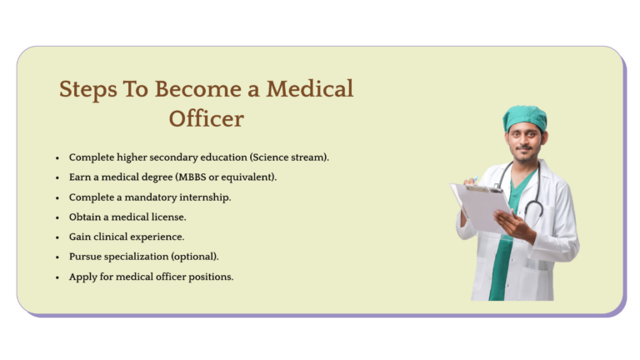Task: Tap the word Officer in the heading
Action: pos(206,118)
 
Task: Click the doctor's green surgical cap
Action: pos(524,117)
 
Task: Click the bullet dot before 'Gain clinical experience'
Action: pos(57,237)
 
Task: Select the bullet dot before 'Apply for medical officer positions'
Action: pos(57,277)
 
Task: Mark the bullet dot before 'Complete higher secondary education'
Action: pos(57,157)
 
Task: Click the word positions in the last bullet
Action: pos(207,277)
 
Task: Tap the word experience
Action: pos(158,237)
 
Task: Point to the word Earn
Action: pos(80,177)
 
